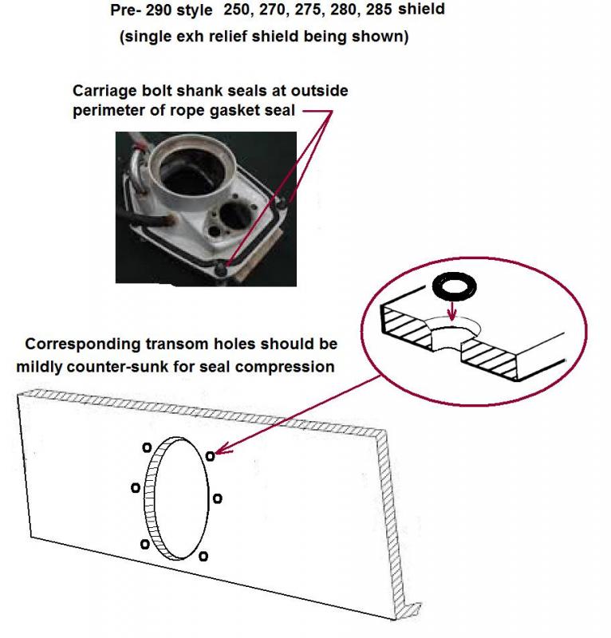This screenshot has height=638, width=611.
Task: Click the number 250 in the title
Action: click(236, 10)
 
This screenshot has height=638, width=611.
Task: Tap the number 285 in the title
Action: click(379, 10)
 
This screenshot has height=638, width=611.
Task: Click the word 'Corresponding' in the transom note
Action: click(83, 345)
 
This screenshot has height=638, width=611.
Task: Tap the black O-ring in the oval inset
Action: click(455, 286)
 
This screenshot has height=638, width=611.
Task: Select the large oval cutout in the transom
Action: click(176, 498)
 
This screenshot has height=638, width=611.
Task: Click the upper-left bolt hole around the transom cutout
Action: click(147, 447)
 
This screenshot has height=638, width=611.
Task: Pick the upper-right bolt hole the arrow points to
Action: click(210, 456)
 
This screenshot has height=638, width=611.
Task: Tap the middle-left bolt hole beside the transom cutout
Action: click(136, 487)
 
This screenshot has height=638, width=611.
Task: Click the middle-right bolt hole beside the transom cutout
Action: click(218, 498)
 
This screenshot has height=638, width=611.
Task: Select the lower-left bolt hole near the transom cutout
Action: click(144, 544)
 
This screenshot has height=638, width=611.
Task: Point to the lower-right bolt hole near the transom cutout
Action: click(203, 556)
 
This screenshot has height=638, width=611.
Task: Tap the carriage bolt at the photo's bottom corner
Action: click(222, 269)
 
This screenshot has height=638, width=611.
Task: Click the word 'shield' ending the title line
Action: click(421, 9)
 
